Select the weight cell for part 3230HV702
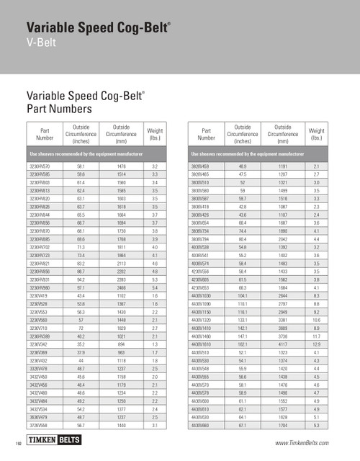click(x=155, y=246)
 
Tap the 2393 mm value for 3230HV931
click(x=120, y=279)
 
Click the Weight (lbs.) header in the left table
click(x=155, y=134)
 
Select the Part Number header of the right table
click(x=206, y=134)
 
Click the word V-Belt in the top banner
click(x=43, y=45)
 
